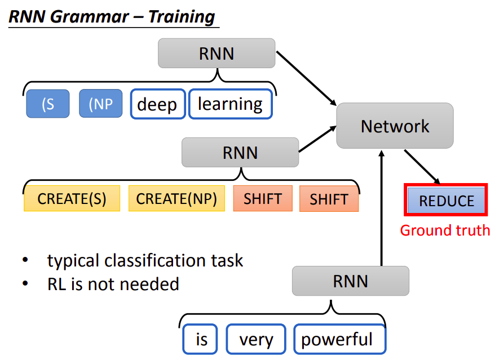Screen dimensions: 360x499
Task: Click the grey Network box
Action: (x=395, y=126)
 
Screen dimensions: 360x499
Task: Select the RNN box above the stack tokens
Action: (x=217, y=54)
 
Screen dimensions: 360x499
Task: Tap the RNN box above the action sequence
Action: (x=240, y=153)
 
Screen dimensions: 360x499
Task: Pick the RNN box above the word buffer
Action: (x=350, y=281)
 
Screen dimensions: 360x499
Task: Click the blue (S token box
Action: (x=47, y=104)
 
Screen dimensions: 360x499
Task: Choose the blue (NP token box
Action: (x=100, y=104)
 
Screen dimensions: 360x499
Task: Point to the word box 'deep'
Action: (x=157, y=104)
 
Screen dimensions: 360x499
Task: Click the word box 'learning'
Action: (x=230, y=104)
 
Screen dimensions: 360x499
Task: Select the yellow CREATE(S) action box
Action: (x=72, y=198)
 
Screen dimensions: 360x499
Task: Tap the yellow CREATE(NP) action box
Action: (x=176, y=198)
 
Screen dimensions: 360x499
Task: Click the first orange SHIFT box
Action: (x=263, y=198)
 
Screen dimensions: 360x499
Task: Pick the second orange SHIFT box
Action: (x=329, y=198)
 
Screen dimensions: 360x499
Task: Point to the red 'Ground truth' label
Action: (x=445, y=230)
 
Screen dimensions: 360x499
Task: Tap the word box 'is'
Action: (x=202, y=340)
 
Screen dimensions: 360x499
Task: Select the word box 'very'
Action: (x=256, y=340)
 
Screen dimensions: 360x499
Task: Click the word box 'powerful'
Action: (x=337, y=340)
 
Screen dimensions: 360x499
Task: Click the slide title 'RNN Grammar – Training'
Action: (x=112, y=16)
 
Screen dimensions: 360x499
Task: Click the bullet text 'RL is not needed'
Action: (x=113, y=284)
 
